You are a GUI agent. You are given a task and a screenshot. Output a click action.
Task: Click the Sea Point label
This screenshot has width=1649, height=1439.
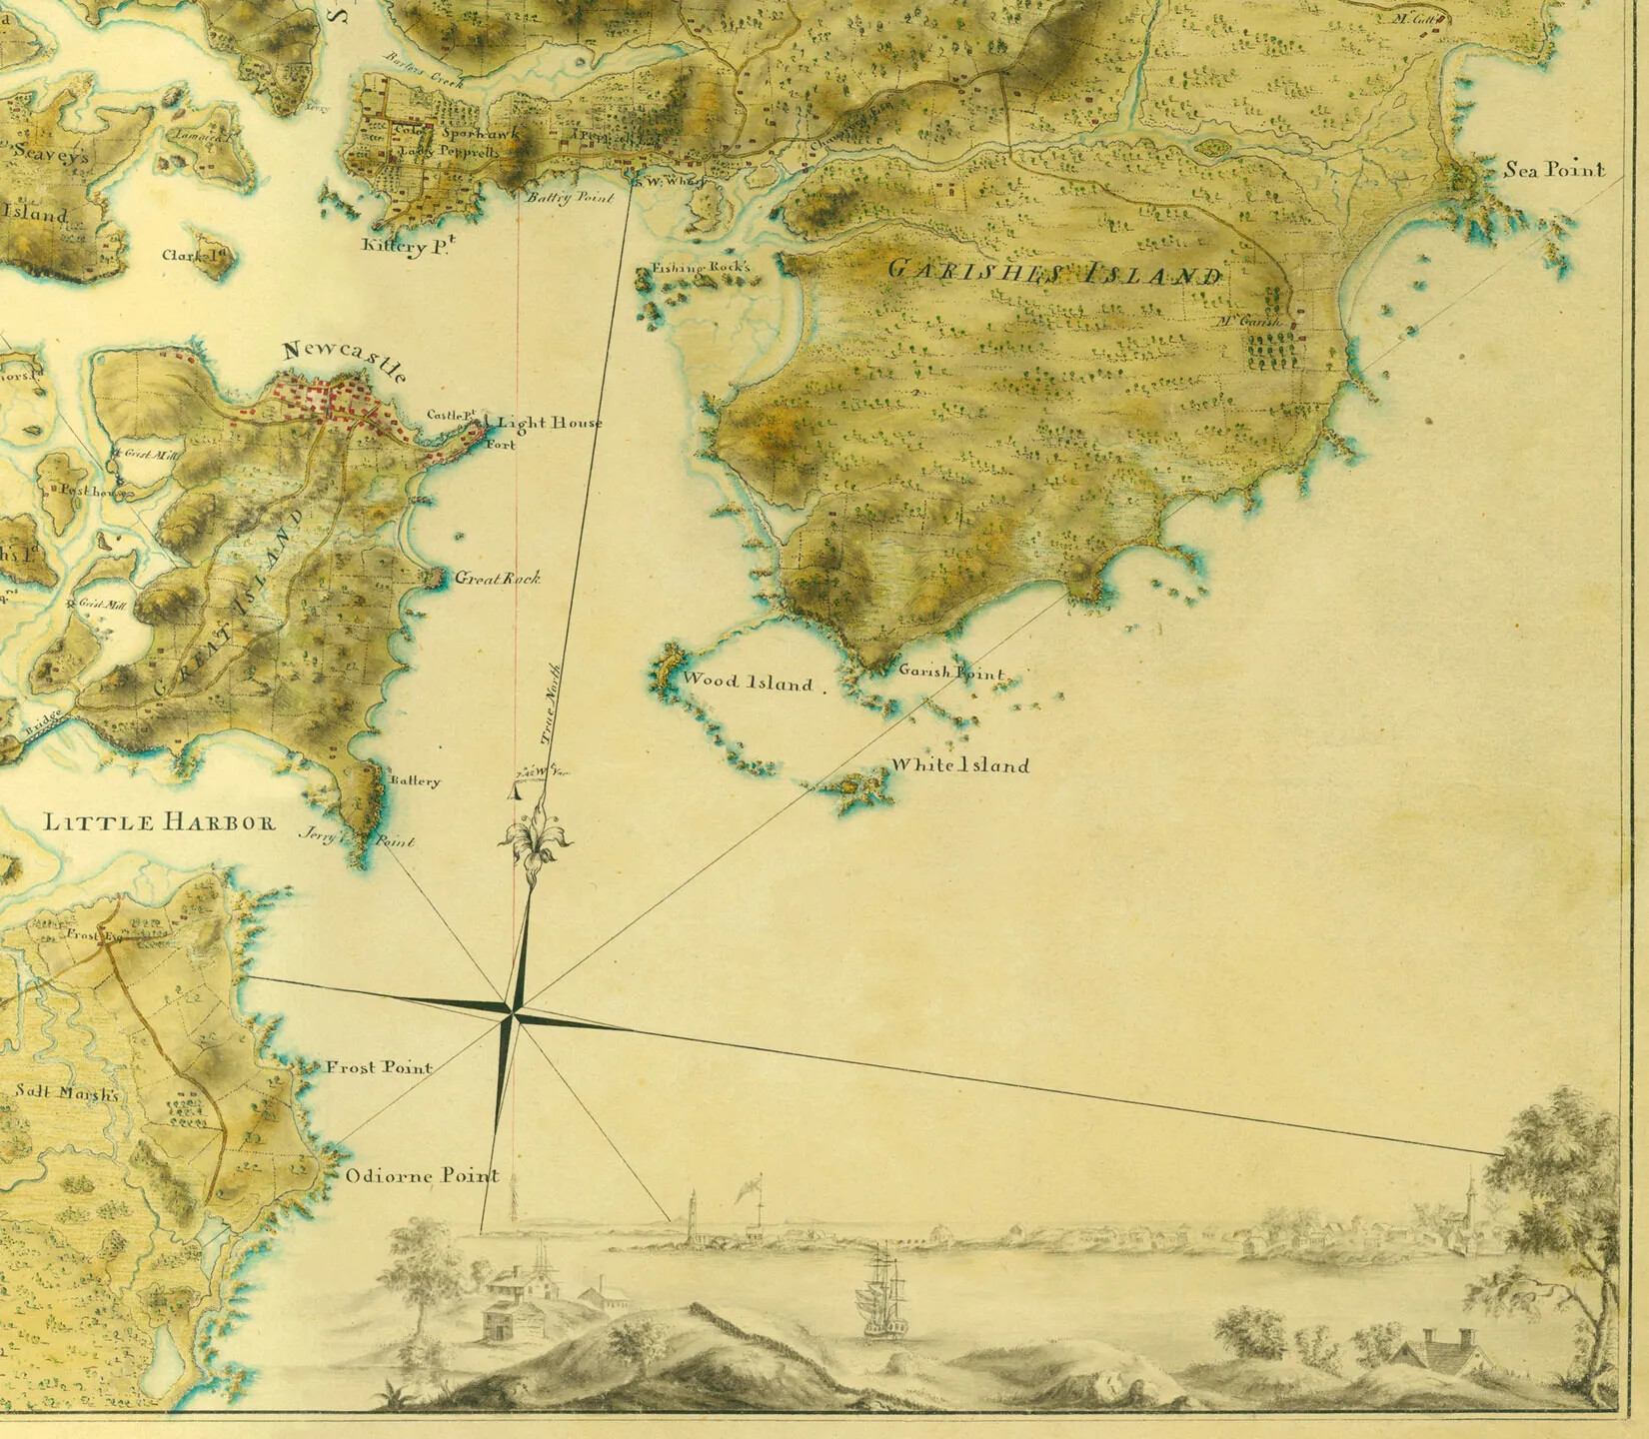click(1554, 170)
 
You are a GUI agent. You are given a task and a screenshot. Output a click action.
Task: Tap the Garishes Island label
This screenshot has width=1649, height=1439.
click(1054, 271)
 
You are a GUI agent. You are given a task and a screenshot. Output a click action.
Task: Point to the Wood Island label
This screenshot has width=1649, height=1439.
click(747, 683)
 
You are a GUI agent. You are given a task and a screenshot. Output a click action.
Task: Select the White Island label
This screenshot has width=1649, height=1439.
click(958, 765)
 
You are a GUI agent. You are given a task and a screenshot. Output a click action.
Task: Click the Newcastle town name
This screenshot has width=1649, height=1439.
click(346, 361)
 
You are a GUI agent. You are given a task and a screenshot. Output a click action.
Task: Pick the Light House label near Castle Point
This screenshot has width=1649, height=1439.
click(550, 423)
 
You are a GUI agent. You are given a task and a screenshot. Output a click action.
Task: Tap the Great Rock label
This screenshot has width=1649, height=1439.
click(497, 578)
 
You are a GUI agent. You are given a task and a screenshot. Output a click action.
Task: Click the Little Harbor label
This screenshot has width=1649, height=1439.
click(159, 822)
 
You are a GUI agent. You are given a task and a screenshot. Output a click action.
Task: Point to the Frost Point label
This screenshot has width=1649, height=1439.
click(379, 1067)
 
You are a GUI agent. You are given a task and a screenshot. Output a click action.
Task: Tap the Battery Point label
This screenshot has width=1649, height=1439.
click(569, 198)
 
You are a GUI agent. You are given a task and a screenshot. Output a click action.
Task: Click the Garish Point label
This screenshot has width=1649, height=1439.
click(950, 674)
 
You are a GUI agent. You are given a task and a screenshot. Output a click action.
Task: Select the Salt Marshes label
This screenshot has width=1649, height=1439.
click(66, 1092)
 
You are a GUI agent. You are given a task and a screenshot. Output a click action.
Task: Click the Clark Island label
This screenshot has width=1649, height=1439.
click(196, 255)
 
